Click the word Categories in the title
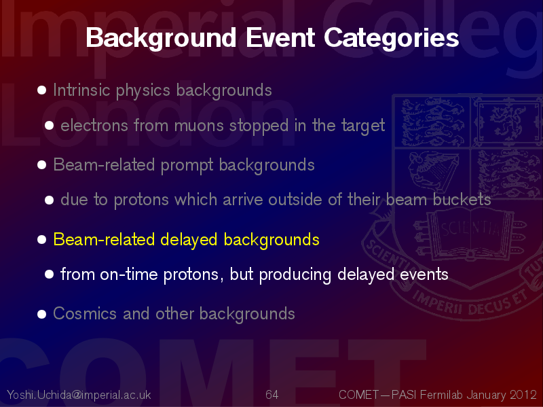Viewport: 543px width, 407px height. pyautogui.click(x=392, y=38)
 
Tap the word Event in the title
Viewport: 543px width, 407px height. pyautogui.click(x=280, y=37)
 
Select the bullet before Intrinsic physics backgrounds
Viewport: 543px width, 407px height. pyautogui.click(x=42, y=90)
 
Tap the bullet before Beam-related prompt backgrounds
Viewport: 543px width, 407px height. pyautogui.click(x=42, y=164)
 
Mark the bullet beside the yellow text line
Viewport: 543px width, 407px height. pyautogui.click(x=42, y=240)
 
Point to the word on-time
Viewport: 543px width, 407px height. pyautogui.click(x=129, y=275)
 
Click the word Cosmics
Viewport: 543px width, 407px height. pyautogui.click(x=84, y=313)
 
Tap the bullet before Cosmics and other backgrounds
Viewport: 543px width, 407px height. pyautogui.click(x=42, y=314)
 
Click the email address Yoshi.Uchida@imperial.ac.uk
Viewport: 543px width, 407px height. pyautogui.click(x=79, y=395)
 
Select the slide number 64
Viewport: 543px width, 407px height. pyautogui.click(x=272, y=395)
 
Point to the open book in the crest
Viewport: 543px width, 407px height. pyautogui.click(x=470, y=234)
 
